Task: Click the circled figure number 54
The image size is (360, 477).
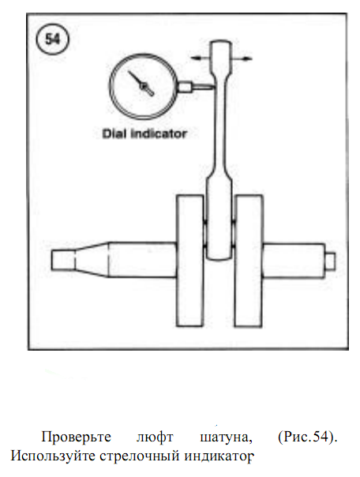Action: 52,39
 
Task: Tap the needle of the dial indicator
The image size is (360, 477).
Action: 141,84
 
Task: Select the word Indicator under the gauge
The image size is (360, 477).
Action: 159,133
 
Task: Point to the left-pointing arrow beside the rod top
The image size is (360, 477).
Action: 200,58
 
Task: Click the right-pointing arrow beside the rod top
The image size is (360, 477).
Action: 242,58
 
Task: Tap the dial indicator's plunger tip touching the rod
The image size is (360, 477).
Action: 203,88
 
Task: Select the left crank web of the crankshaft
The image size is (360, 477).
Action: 190,261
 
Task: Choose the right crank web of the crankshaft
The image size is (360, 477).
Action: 249,261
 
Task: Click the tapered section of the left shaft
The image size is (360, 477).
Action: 92,260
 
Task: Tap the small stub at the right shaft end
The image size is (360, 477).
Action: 330,261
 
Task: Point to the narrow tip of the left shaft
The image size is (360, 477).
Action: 62,260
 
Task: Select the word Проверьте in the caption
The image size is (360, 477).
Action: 77,438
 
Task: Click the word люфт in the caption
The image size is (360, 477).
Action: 155,438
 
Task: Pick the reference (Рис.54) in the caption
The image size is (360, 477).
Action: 307,438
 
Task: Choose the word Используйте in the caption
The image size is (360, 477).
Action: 53,456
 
